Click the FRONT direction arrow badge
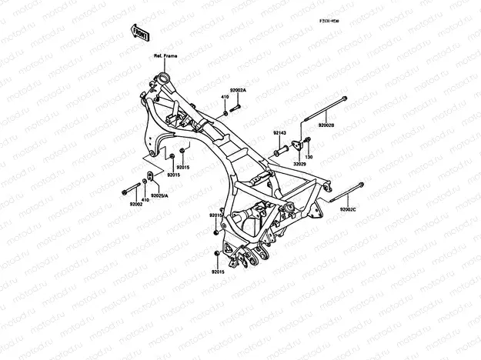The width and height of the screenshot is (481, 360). tap(140, 32)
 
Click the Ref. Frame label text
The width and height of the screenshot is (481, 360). tap(165, 56)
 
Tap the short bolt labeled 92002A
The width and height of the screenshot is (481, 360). tap(236, 105)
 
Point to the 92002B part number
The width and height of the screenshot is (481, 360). tap(326, 124)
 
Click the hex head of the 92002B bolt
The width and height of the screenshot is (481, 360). tap(342, 98)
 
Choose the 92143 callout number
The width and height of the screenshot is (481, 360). tap(279, 133)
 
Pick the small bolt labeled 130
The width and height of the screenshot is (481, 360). tap(307, 139)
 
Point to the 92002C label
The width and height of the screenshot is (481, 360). tap(348, 208)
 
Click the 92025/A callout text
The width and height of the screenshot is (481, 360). tap(159, 195)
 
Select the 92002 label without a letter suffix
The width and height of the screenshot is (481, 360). tap(136, 204)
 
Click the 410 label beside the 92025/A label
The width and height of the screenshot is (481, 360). tap(144, 199)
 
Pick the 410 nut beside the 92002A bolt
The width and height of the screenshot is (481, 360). tap(226, 112)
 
